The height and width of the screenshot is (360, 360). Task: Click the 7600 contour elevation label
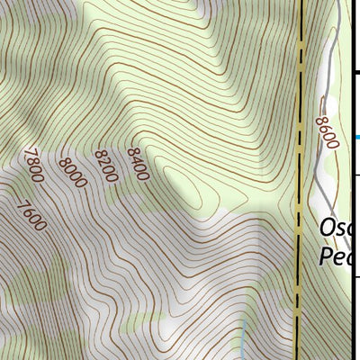click(x=32, y=215)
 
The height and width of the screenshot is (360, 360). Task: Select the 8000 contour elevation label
click(x=71, y=172)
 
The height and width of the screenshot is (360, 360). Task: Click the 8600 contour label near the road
click(x=326, y=132)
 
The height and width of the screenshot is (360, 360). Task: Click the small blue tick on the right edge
click(x=357, y=137)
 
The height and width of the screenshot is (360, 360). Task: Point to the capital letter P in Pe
click(x=327, y=256)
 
